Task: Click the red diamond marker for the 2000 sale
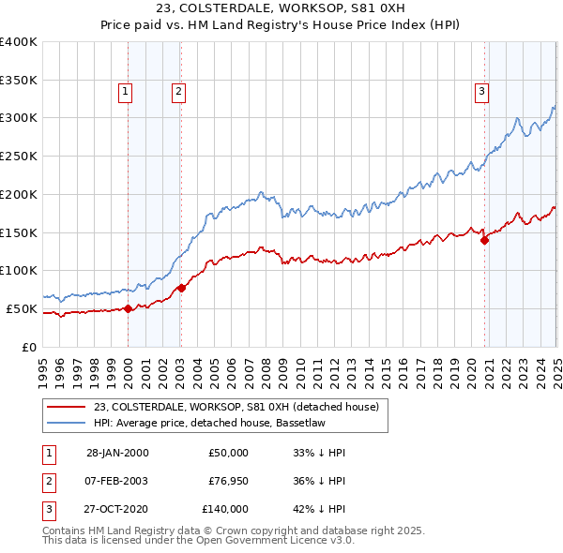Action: (128, 308)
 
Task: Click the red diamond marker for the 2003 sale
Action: (181, 288)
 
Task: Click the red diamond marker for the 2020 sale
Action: (485, 240)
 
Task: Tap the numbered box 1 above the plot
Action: (125, 92)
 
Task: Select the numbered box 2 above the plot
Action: (177, 92)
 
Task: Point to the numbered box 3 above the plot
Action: (480, 92)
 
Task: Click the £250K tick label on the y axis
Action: (19, 156)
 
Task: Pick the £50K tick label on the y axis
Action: (23, 308)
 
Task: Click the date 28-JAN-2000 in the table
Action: (117, 453)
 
